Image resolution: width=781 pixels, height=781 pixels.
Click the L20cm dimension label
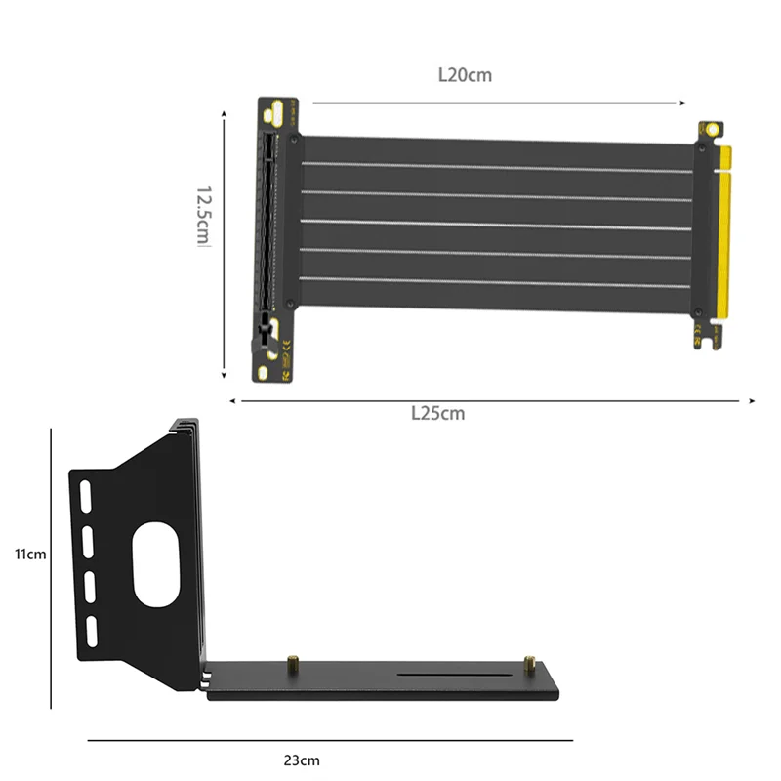[465, 75]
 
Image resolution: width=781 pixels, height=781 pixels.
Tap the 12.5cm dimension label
[204, 216]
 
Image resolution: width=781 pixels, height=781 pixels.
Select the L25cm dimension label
[437, 413]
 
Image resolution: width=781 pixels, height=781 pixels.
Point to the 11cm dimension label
[30, 554]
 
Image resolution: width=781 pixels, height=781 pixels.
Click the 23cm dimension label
[302, 760]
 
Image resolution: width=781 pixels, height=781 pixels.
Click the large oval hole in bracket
[156, 565]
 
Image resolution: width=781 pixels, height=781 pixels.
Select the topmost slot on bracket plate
[85, 496]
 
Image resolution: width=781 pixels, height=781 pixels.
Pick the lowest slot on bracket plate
[92, 632]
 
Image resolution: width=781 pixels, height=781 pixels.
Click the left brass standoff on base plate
[293, 664]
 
